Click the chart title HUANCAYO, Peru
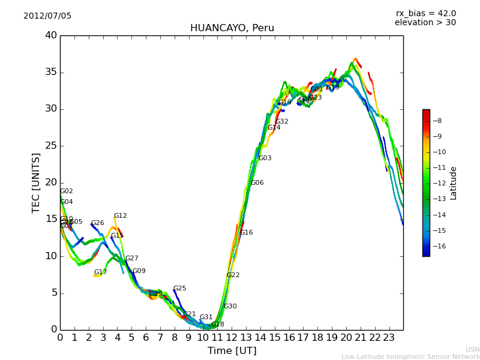pos(232,28)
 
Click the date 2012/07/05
pos(47,16)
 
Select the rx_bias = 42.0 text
pos(425,14)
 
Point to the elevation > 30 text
pos(425,23)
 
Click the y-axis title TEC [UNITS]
pos(36,182)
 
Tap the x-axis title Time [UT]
pos(232,351)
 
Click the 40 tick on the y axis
pos(50,35)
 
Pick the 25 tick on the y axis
pos(50,146)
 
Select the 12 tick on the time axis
pos(232,337)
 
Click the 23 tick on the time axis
pos(389,337)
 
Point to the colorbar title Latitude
pos(454,183)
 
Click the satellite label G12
pos(120,216)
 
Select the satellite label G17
pos(100,272)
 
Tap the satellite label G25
pos(179,289)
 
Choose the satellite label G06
pos(257,183)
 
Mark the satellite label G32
pos(281,122)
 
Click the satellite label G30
pos(230,307)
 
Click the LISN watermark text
pos(472,349)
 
